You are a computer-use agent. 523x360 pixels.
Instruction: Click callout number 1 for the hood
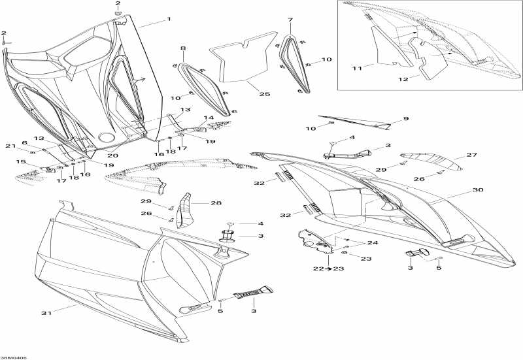(x=169, y=19)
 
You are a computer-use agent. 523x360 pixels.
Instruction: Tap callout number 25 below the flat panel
(x=265, y=94)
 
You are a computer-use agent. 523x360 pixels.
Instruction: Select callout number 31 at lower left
(x=46, y=313)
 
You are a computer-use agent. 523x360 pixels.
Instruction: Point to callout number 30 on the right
(x=478, y=190)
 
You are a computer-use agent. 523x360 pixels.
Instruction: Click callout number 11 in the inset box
(x=357, y=69)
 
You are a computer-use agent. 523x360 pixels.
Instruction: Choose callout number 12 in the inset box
(x=403, y=79)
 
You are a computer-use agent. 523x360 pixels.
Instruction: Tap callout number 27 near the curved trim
(x=471, y=155)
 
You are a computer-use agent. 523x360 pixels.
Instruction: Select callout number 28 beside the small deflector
(x=216, y=203)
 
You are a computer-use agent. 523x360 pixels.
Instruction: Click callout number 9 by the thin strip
(x=405, y=119)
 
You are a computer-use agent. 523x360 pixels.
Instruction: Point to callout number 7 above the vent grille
(x=290, y=20)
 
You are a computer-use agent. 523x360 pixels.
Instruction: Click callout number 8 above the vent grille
(x=183, y=48)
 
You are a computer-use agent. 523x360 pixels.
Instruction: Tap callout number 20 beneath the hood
(x=112, y=155)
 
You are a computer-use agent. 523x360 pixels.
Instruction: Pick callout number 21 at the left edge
(x=10, y=146)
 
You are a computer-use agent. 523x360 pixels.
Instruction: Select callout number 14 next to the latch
(x=209, y=118)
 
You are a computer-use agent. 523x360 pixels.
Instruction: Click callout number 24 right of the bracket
(x=373, y=242)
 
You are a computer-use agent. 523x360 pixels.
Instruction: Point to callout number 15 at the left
(x=21, y=161)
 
